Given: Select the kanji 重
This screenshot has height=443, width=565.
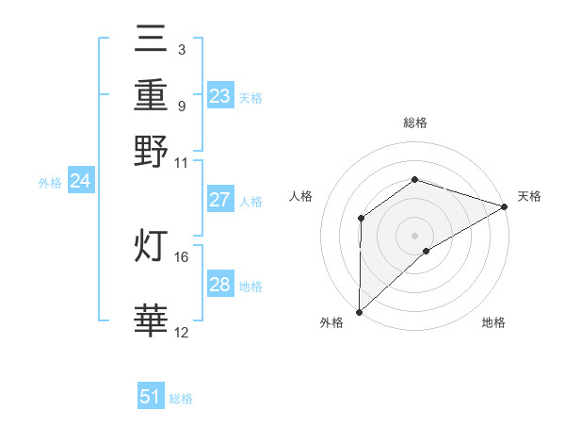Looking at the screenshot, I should [151, 95].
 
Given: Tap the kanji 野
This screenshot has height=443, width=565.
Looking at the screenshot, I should [151, 151].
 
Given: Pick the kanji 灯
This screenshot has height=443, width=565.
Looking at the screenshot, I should [151, 245].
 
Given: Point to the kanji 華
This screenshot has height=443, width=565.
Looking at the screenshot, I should [151, 320].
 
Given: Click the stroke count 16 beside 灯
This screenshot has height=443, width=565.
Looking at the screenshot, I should [182, 256].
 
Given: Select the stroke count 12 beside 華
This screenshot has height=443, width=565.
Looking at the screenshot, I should [182, 332].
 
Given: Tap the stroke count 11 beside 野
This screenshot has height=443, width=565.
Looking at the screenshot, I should [182, 162].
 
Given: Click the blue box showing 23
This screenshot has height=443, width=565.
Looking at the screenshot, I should [219, 96].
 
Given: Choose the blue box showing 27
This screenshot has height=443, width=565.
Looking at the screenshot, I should [219, 200].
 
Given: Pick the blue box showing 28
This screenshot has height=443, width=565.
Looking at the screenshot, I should [219, 285].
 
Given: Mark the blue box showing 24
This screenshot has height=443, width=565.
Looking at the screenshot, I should [80, 181].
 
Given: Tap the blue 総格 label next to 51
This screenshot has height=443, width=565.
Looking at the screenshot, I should [182, 399].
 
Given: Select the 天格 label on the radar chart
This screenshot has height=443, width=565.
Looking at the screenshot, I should [529, 196].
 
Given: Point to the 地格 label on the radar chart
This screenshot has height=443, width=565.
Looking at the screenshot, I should [493, 322].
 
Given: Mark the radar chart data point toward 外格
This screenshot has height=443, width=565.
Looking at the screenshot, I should [359, 311].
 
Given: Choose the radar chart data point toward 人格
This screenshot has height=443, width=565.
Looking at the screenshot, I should [361, 219].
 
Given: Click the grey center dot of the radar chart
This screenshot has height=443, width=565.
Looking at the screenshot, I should [414, 235].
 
